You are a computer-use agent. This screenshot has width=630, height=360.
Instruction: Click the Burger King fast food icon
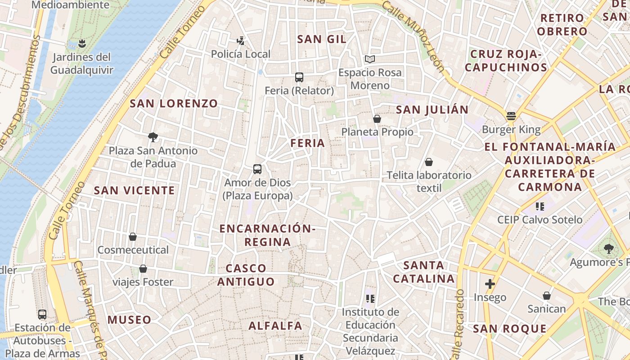click(x=511, y=116)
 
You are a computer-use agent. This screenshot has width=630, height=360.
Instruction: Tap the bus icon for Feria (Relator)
click(x=299, y=77)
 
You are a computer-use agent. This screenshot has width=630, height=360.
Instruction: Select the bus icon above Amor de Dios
click(x=257, y=169)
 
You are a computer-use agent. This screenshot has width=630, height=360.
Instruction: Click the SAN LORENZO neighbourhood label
click(x=174, y=103)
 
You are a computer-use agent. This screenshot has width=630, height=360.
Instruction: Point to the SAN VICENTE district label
click(x=134, y=190)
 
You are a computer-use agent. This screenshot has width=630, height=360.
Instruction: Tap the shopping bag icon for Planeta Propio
click(x=377, y=118)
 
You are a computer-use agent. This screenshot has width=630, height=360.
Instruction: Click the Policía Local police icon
click(x=241, y=41)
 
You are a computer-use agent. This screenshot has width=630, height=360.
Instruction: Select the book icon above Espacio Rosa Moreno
click(x=370, y=59)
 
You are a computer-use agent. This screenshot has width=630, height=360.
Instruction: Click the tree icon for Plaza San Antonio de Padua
click(x=153, y=137)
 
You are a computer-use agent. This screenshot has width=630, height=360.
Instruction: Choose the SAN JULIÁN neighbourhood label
click(x=432, y=109)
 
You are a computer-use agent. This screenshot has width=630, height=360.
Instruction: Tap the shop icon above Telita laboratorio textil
click(x=429, y=162)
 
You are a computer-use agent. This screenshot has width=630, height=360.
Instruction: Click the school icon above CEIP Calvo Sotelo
click(x=540, y=207)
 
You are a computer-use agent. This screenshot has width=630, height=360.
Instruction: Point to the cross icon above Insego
click(x=490, y=284)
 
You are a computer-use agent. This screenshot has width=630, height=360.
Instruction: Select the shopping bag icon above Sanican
click(x=546, y=296)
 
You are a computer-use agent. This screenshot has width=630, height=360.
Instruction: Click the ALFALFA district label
click(x=275, y=326)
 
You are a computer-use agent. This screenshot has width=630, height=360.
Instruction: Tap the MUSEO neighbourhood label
click(x=129, y=320)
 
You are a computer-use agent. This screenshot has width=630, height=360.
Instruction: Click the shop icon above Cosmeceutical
click(x=133, y=237)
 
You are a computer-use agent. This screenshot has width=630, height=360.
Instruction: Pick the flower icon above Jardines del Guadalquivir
click(x=81, y=44)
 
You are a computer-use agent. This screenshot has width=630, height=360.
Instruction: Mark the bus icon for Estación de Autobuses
click(x=42, y=314)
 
